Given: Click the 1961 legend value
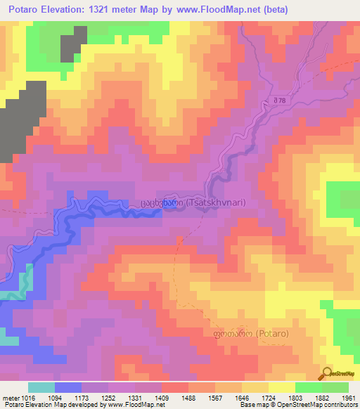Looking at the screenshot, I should point(349,397).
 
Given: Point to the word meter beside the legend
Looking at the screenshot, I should point(11,397).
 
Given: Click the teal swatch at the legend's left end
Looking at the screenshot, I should point(41,387).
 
